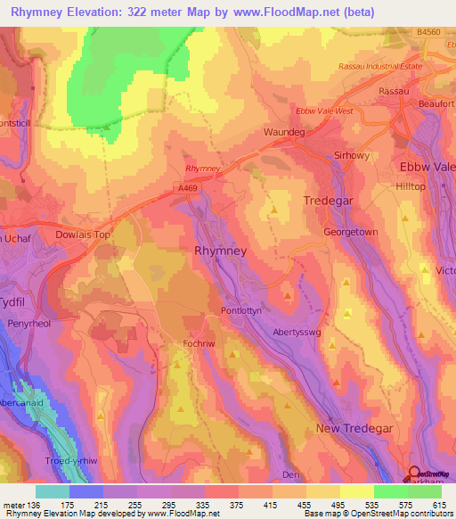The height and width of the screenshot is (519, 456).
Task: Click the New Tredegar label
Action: click(x=353, y=429)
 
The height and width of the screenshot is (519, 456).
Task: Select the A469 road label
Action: click(x=185, y=188)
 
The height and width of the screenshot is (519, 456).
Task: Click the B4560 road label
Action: click(x=428, y=33)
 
